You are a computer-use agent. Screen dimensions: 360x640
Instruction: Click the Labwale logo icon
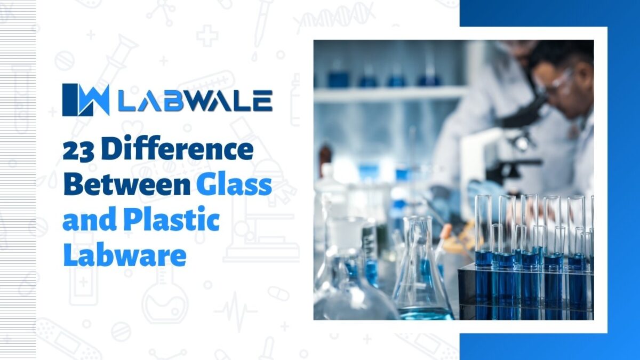[85, 100]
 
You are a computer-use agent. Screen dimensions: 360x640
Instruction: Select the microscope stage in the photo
[512, 165]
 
